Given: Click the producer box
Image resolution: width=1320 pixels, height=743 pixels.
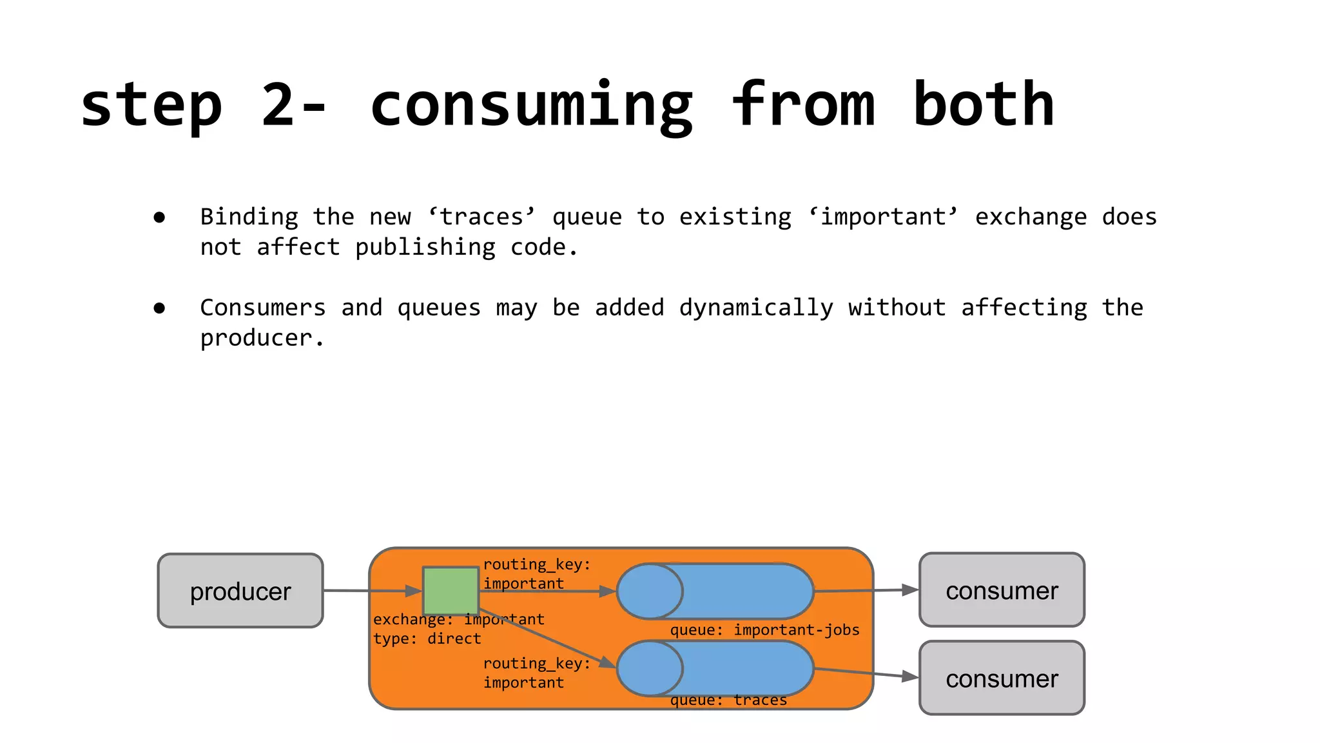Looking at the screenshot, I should (240, 590).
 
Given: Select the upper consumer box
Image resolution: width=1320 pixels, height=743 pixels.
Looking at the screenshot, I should (1002, 589).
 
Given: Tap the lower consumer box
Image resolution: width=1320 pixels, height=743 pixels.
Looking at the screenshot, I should (1002, 678).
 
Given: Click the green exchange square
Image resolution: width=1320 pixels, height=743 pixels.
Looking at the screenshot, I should (451, 590).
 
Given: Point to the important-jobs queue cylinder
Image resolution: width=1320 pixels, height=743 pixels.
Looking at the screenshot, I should (715, 591).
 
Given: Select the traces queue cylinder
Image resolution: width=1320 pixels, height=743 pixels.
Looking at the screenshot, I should (715, 668).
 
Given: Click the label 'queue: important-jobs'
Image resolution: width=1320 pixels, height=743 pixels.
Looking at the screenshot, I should (764, 630).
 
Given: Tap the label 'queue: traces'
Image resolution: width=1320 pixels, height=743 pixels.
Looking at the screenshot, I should (728, 700).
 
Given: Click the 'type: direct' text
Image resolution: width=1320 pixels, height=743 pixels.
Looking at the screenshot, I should (427, 639).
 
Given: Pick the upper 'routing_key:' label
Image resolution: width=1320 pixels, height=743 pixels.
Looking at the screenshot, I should (536, 564).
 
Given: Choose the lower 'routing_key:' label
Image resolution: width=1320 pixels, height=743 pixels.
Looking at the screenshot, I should (536, 663).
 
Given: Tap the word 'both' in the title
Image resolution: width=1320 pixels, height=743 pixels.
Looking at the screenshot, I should (984, 105).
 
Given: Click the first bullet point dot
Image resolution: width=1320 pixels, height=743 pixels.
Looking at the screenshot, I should (159, 217).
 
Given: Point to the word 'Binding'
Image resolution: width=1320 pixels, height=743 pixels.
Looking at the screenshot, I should (249, 217).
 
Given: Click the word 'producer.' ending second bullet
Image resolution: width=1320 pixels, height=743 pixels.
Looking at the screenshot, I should (262, 338).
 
